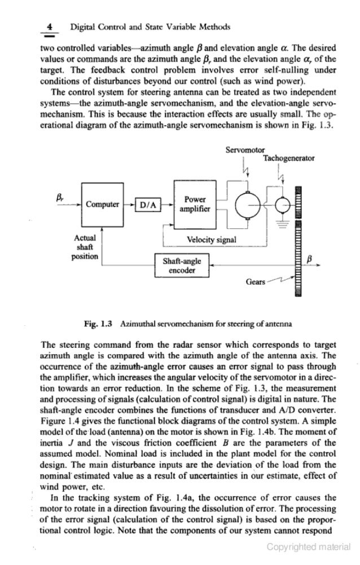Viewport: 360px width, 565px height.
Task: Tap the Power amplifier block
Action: point(195,204)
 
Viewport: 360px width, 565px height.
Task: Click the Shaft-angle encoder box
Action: point(182,266)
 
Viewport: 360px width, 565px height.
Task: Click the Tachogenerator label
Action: point(288,158)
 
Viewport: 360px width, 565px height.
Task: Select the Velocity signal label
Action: point(211,239)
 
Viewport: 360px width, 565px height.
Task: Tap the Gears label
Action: point(256,281)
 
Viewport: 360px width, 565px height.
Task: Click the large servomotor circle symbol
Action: point(248,204)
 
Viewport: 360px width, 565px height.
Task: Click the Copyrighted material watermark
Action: point(309,546)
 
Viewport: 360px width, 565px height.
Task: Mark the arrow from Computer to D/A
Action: point(128,204)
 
